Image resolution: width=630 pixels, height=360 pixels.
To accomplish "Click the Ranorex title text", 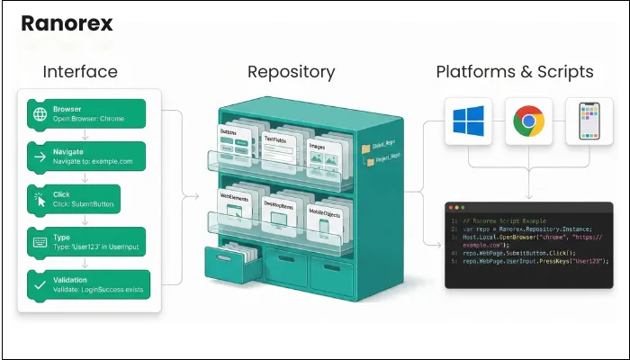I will point(67,22).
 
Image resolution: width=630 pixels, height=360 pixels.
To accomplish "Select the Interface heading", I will point(80,72).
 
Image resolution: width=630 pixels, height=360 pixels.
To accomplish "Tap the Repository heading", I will point(291,72).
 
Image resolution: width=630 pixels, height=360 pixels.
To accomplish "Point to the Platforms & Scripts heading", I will point(514,72).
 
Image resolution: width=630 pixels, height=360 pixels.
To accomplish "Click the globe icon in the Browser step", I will point(40,114).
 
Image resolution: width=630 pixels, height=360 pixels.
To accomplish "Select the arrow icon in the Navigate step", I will point(40,157).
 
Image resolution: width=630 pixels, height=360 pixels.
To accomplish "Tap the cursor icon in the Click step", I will point(40,200).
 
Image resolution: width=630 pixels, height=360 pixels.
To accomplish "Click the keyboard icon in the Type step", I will point(40,242).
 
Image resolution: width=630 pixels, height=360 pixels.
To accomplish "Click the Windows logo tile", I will point(469,121).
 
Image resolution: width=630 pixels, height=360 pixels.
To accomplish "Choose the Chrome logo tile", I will point(528,121).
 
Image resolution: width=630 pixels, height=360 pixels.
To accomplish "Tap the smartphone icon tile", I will point(589,121).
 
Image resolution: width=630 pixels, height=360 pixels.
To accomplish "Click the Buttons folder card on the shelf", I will point(239,144).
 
